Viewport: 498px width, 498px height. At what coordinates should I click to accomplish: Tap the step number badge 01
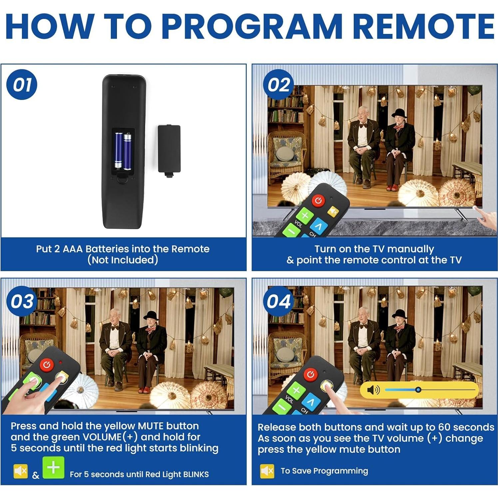(x=22, y=85)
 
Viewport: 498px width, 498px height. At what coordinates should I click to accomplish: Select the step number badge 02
(x=278, y=85)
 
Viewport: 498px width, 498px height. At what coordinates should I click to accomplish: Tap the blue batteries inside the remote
(x=123, y=151)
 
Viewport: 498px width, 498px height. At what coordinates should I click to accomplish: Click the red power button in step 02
(x=318, y=201)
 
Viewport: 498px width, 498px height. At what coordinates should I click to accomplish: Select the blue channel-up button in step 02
(x=319, y=226)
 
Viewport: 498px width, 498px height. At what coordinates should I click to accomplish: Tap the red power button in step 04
(x=310, y=374)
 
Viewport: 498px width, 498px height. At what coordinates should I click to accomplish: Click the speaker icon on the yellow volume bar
(x=373, y=390)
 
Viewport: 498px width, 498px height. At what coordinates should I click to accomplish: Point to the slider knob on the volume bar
(x=418, y=390)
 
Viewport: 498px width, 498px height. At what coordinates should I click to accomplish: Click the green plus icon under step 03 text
(x=53, y=468)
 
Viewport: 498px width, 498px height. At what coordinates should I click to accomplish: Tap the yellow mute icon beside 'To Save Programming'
(x=267, y=471)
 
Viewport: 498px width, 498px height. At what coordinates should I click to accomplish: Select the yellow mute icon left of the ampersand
(x=20, y=471)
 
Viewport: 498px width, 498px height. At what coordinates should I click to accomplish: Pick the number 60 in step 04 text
(x=445, y=427)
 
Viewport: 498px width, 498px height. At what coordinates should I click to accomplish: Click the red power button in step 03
(x=47, y=365)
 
